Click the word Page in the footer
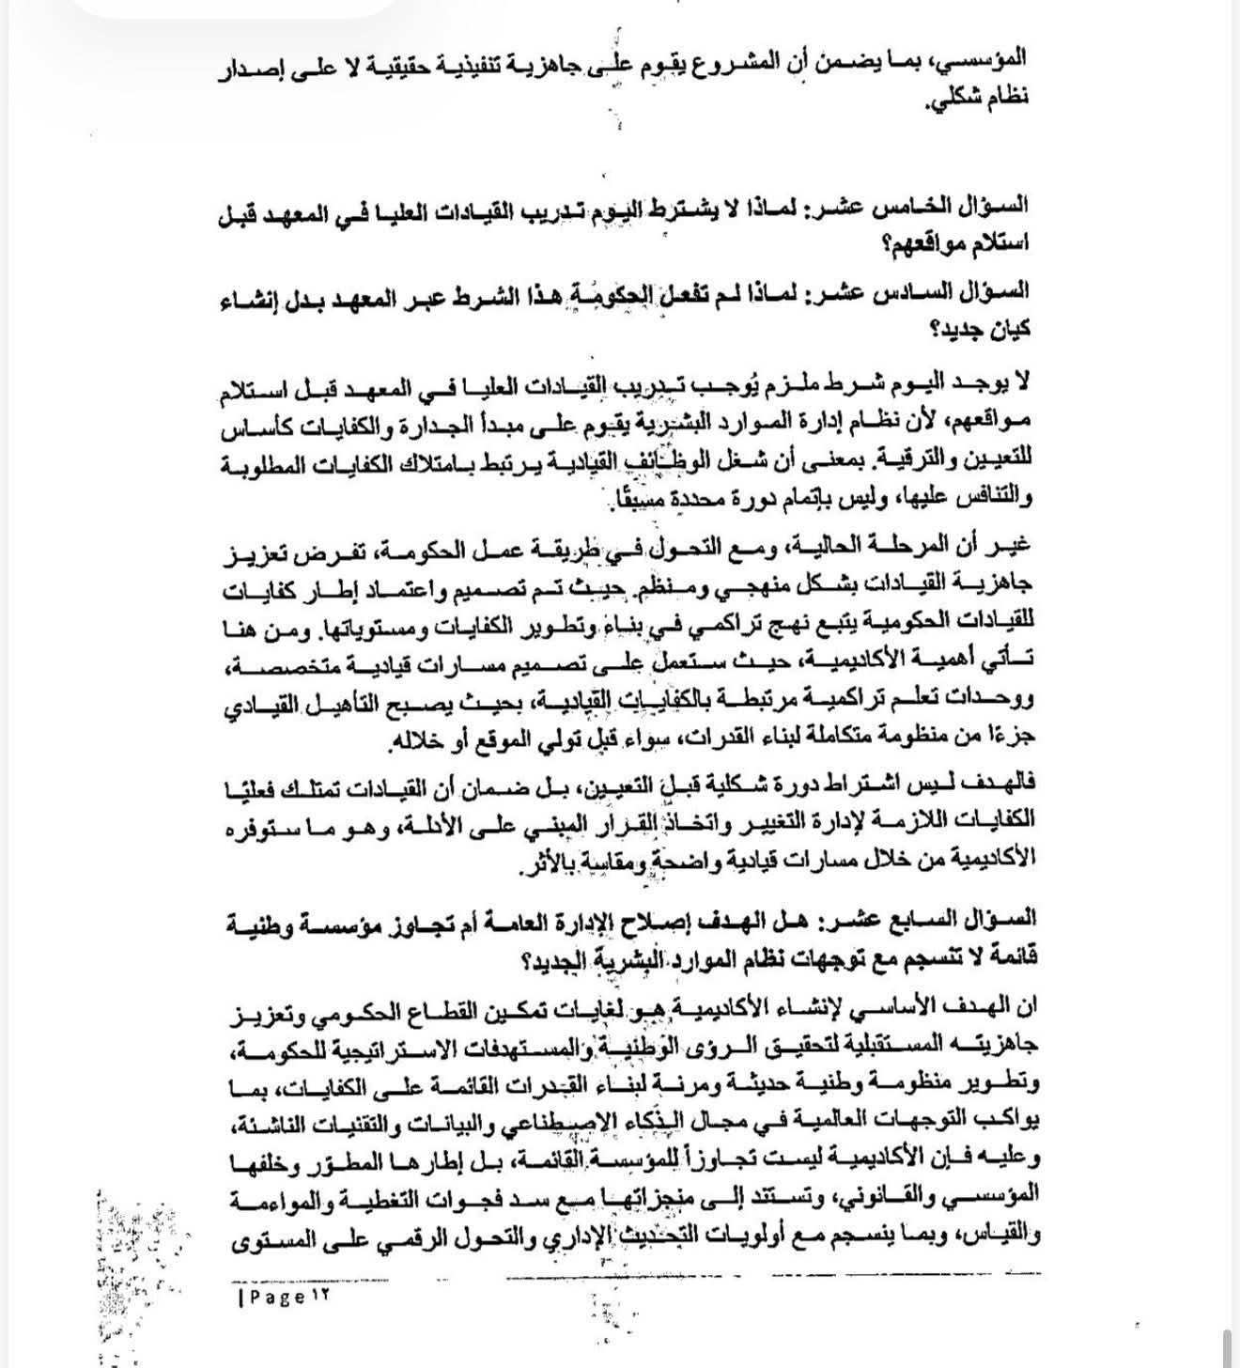[x=278, y=1298]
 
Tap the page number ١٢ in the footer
[x=320, y=1298]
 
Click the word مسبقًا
[x=616, y=497]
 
